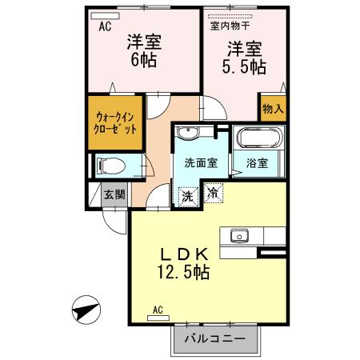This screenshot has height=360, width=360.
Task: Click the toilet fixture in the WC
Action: [x=112, y=166]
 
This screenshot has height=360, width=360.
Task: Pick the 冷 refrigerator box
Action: [x=213, y=191]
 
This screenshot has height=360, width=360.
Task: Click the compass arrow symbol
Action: [x=86, y=309]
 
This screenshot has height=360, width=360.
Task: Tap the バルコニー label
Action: [x=214, y=339]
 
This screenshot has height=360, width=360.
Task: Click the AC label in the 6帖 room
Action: [x=104, y=26]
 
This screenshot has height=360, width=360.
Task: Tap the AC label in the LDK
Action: [x=158, y=309]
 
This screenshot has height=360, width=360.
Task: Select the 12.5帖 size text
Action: [x=182, y=273]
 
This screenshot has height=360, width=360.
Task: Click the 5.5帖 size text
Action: [x=245, y=67]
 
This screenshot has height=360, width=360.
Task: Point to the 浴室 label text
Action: [x=257, y=164]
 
